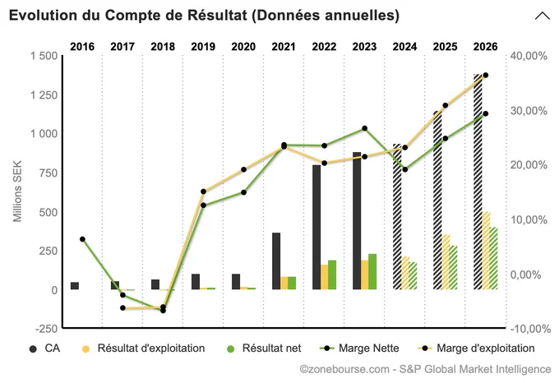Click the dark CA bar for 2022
click(316, 227)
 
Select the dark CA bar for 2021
click(276, 261)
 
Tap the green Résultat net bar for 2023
click(372, 271)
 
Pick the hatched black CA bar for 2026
click(478, 182)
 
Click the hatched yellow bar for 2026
click(486, 251)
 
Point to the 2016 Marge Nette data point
click(82, 239)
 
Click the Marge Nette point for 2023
click(364, 128)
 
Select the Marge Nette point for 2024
click(404, 169)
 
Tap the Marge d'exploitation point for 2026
click(485, 75)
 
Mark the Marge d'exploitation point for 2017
click(122, 308)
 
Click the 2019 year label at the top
click(203, 47)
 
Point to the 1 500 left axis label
click(44, 56)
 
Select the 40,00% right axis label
click(529, 56)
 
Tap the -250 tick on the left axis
click(46, 329)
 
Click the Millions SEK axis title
click(17, 191)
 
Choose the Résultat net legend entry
click(264, 348)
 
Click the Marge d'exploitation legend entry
click(476, 348)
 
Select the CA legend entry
click(44, 348)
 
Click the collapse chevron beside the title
click(543, 16)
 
